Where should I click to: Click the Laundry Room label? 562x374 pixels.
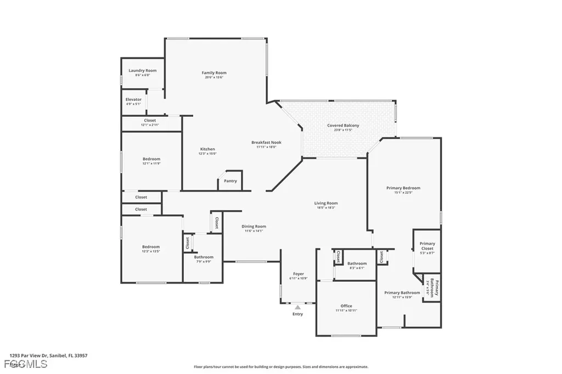tap(143, 70)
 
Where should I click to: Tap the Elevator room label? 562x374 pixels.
tap(133, 99)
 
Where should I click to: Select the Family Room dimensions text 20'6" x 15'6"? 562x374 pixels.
tap(214, 77)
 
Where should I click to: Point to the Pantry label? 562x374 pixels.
tap(231, 180)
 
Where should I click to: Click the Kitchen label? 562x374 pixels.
tap(207, 149)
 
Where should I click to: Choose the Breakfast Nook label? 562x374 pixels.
tap(266, 142)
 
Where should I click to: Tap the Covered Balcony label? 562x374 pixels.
tap(343, 126)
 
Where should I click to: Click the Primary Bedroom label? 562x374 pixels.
tap(403, 188)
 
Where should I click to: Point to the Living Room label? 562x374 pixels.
tap(326, 203)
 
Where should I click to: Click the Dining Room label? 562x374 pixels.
tap(254, 226)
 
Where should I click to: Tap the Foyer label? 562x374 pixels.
tap(298, 274)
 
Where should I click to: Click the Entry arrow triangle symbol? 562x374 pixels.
tap(297, 307)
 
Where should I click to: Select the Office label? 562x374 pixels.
tap(346, 306)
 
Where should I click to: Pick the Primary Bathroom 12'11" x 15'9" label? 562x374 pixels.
tap(402, 293)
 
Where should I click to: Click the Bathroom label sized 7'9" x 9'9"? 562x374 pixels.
tap(204, 257)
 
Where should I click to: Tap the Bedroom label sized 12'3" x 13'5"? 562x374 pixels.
tap(151, 247)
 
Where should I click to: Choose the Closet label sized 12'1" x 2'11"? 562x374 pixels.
tap(150, 120)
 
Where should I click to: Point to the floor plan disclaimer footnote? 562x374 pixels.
tap(280, 367)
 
